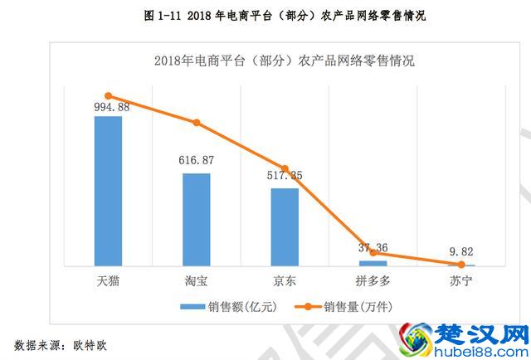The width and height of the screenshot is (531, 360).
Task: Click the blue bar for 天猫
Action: [108, 191]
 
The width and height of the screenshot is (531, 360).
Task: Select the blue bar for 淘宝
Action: [197, 219]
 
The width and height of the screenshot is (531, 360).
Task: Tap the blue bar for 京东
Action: [285, 226]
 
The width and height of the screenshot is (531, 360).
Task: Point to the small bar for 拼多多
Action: [373, 263]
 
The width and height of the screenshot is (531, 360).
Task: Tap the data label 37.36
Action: [373, 247]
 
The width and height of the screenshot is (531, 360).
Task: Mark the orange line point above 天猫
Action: [108, 96]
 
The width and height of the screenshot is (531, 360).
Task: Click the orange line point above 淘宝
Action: [197, 123]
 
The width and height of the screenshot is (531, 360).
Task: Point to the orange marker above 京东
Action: [285, 168]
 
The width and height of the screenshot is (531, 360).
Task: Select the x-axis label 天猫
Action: [108, 280]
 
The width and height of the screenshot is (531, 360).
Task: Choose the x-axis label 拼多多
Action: [373, 280]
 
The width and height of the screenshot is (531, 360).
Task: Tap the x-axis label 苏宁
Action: [461, 280]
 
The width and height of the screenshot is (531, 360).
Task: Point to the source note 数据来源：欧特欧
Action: [61, 343]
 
